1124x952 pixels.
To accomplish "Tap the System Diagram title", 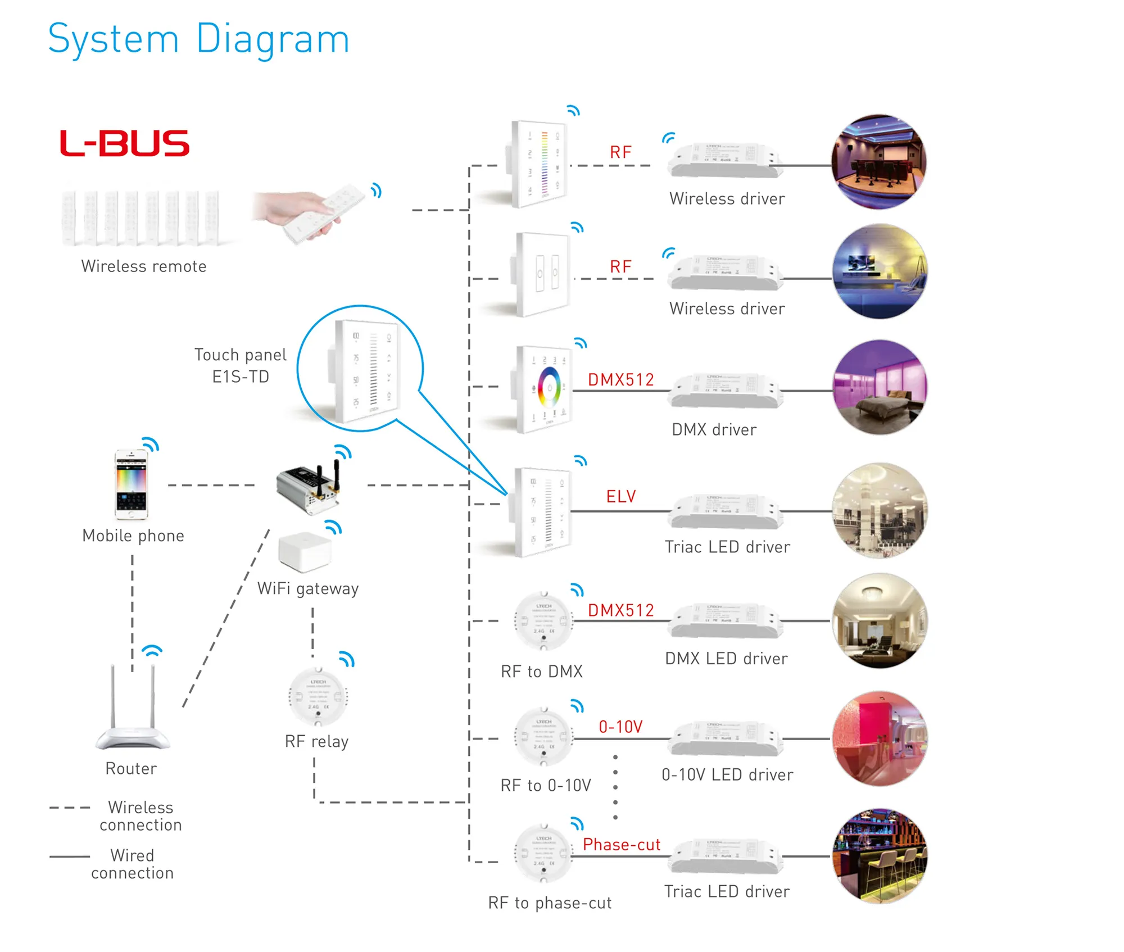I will [x=199, y=39].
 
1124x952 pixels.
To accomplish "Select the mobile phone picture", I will [x=132, y=484].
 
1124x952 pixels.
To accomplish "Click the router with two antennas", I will [x=133, y=710].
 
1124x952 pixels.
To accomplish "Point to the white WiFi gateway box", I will [x=305, y=551].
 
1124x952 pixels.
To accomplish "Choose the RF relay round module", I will [x=318, y=697].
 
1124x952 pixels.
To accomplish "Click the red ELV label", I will [x=620, y=496].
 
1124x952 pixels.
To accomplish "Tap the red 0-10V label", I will [x=620, y=727].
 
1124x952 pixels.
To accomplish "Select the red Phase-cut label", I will [x=621, y=844].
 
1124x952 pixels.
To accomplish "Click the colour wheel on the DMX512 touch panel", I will [x=549, y=387].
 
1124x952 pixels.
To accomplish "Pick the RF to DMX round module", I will [x=543, y=621].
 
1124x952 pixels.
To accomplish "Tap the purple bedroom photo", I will [x=880, y=387].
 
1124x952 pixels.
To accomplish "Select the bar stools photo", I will [x=880, y=855].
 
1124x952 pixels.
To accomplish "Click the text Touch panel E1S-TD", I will [x=241, y=365].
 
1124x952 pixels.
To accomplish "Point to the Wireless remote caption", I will [x=144, y=266].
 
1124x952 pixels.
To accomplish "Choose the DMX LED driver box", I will [x=726, y=622].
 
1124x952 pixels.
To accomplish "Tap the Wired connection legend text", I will [x=133, y=864].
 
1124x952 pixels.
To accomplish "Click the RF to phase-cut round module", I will [x=543, y=854].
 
